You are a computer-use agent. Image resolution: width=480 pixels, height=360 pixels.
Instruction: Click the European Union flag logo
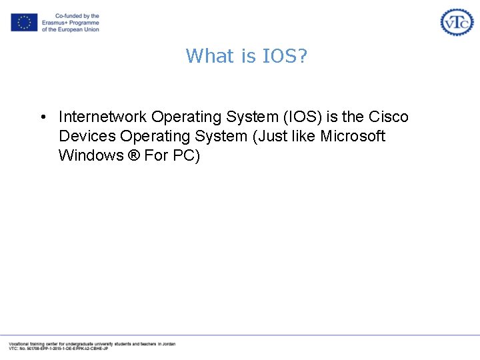pos(24,23)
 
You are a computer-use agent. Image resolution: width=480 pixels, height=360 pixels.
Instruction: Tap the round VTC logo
pos(457,22)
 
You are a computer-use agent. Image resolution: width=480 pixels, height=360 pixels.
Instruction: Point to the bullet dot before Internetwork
pos(42,117)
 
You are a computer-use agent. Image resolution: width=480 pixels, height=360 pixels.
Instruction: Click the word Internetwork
pos(103,117)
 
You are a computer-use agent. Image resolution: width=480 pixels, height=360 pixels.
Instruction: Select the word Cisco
pos(388,117)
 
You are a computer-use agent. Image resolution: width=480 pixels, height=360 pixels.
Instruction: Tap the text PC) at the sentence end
pos(185,155)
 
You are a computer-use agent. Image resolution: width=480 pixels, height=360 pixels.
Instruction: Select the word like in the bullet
pos(302,136)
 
